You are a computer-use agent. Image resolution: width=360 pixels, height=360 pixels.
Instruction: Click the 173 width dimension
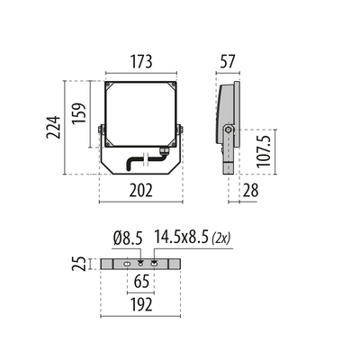[141, 61]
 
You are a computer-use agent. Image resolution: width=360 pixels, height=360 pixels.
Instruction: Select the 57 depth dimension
[228, 61]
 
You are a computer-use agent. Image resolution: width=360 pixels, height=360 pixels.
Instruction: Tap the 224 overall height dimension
[54, 127]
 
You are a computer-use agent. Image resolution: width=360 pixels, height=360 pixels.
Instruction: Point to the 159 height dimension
[79, 113]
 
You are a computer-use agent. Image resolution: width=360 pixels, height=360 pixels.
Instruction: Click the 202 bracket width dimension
[141, 190]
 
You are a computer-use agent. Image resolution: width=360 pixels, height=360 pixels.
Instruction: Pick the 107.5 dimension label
[264, 151]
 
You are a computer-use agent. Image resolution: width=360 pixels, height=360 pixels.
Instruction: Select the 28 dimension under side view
[250, 190]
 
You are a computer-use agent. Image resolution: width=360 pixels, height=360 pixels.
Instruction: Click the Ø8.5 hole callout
[128, 238]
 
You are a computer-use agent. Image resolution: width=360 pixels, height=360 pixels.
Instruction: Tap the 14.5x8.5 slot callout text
[181, 238]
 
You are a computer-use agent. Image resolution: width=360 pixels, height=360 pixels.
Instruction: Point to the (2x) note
[220, 238]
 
